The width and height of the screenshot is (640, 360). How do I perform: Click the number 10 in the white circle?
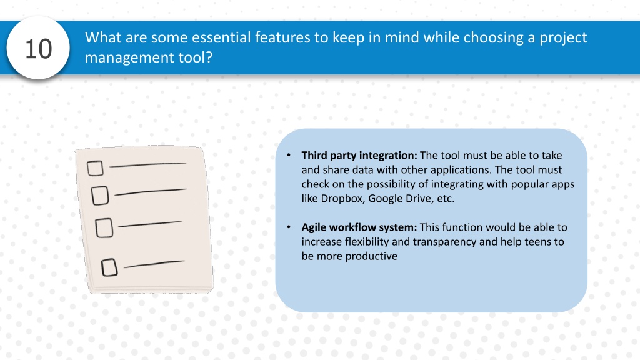[x=39, y=49]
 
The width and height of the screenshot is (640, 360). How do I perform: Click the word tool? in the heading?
[x=196, y=57]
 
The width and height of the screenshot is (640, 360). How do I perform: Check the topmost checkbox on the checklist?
[x=95, y=168]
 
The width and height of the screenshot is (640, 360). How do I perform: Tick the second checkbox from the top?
[x=100, y=196]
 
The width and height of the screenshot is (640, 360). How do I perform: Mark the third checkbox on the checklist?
[x=104, y=227]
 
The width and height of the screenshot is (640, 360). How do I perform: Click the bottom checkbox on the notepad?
[x=109, y=267]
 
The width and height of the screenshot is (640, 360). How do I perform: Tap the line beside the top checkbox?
[x=147, y=165]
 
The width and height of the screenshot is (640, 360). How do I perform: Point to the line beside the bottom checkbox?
[x=154, y=264]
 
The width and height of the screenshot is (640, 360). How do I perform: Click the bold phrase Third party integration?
[x=359, y=156]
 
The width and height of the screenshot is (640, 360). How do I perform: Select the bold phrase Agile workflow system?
[x=359, y=227]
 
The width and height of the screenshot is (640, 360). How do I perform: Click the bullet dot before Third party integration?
[x=289, y=155]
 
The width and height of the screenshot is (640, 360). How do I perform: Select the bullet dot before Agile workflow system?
[x=289, y=227]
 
